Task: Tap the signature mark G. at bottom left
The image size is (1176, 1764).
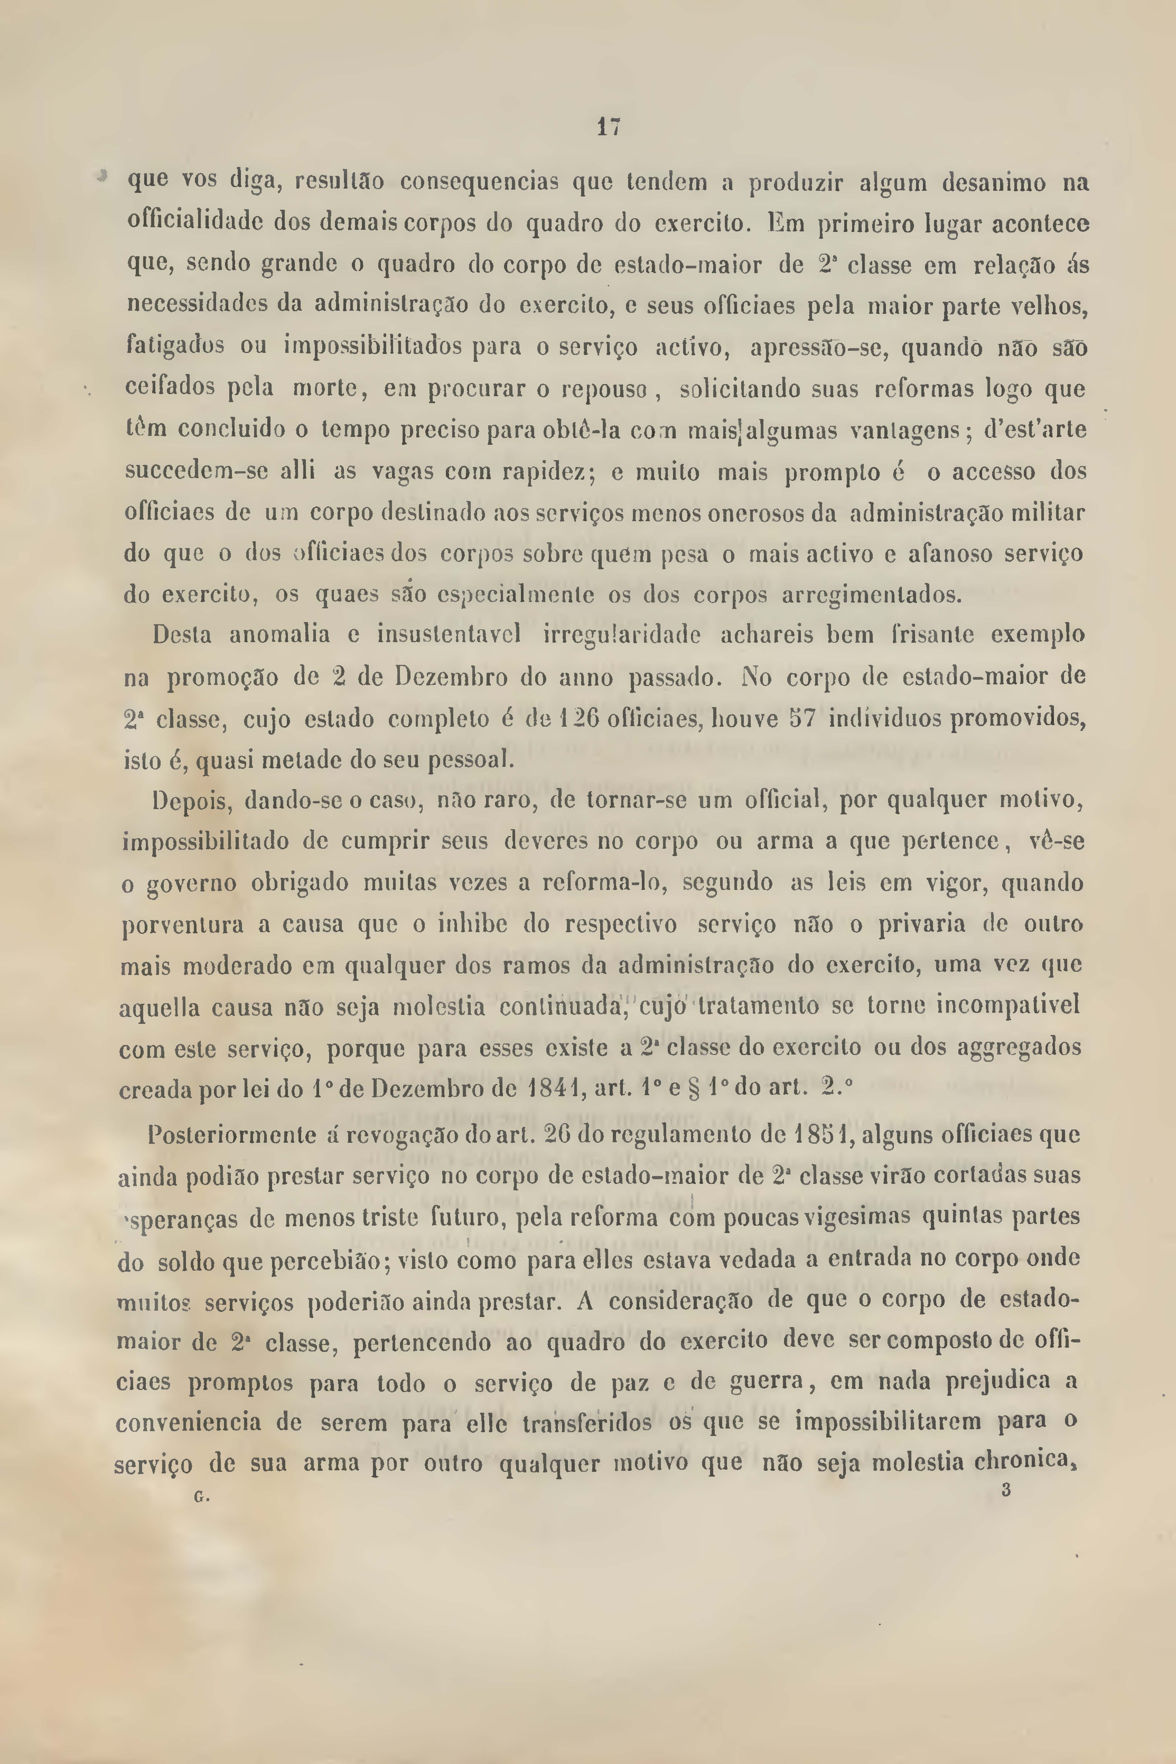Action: (201, 1496)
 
